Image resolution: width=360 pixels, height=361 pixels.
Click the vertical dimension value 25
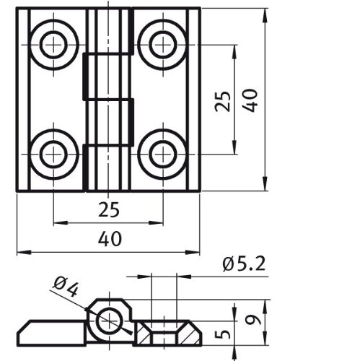click(x=223, y=101)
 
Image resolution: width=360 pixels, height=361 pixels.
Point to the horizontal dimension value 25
click(x=109, y=209)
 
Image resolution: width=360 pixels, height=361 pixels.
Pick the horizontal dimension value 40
click(x=110, y=239)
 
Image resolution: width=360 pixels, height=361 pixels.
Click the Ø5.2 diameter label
click(x=244, y=264)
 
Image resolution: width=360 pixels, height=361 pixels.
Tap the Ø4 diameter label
click(x=66, y=287)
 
